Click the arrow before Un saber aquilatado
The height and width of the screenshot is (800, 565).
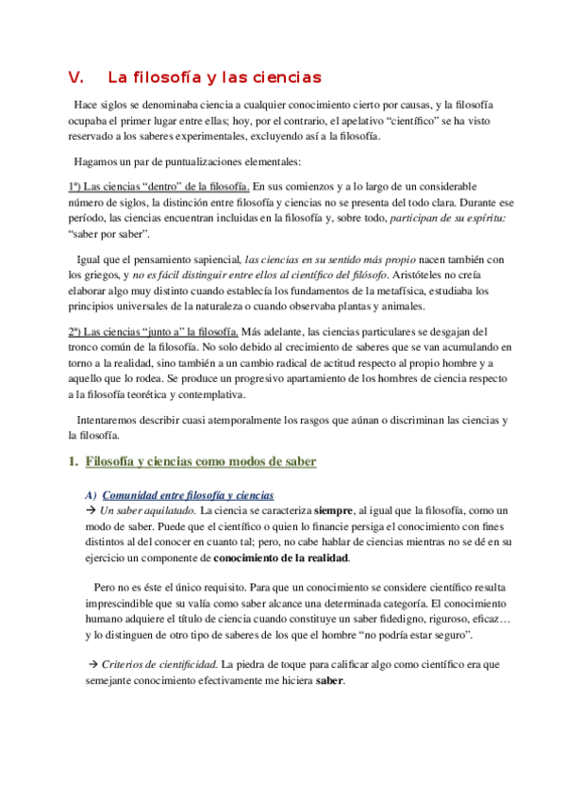click(91, 510)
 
